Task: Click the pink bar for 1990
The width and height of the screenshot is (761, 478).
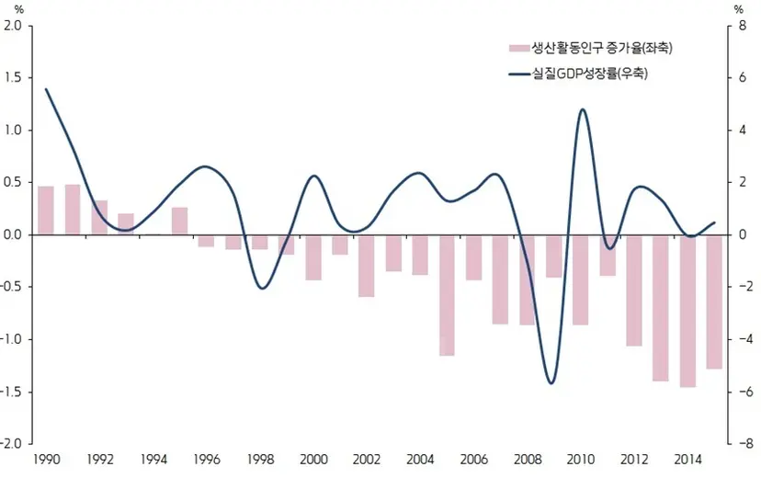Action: [46, 211]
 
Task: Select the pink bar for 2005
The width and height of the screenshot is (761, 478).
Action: [447, 296]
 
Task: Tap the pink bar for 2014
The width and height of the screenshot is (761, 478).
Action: [687, 312]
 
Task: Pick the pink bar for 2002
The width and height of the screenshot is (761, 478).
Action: [367, 267]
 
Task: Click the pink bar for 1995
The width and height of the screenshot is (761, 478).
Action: [179, 222]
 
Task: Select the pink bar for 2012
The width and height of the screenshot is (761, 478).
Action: [634, 291]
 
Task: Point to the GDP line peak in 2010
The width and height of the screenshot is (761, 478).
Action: [583, 109]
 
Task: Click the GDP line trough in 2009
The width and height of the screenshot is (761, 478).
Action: [551, 383]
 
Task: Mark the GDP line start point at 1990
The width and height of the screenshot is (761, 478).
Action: [46, 89]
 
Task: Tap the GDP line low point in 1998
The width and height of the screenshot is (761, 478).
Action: [263, 289]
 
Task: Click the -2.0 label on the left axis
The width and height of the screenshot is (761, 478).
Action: [11, 443]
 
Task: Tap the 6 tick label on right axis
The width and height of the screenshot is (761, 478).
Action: [742, 77]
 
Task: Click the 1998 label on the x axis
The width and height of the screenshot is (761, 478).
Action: [261, 459]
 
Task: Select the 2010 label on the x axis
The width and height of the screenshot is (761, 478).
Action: [581, 459]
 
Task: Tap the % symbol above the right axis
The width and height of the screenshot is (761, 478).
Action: [739, 9]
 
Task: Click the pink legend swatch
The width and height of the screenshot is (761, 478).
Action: [518, 48]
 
